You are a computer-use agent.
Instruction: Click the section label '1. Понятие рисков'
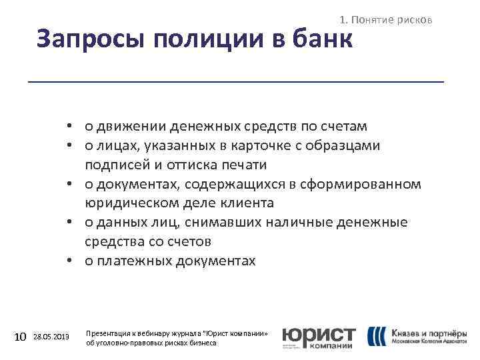pos(387,21)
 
